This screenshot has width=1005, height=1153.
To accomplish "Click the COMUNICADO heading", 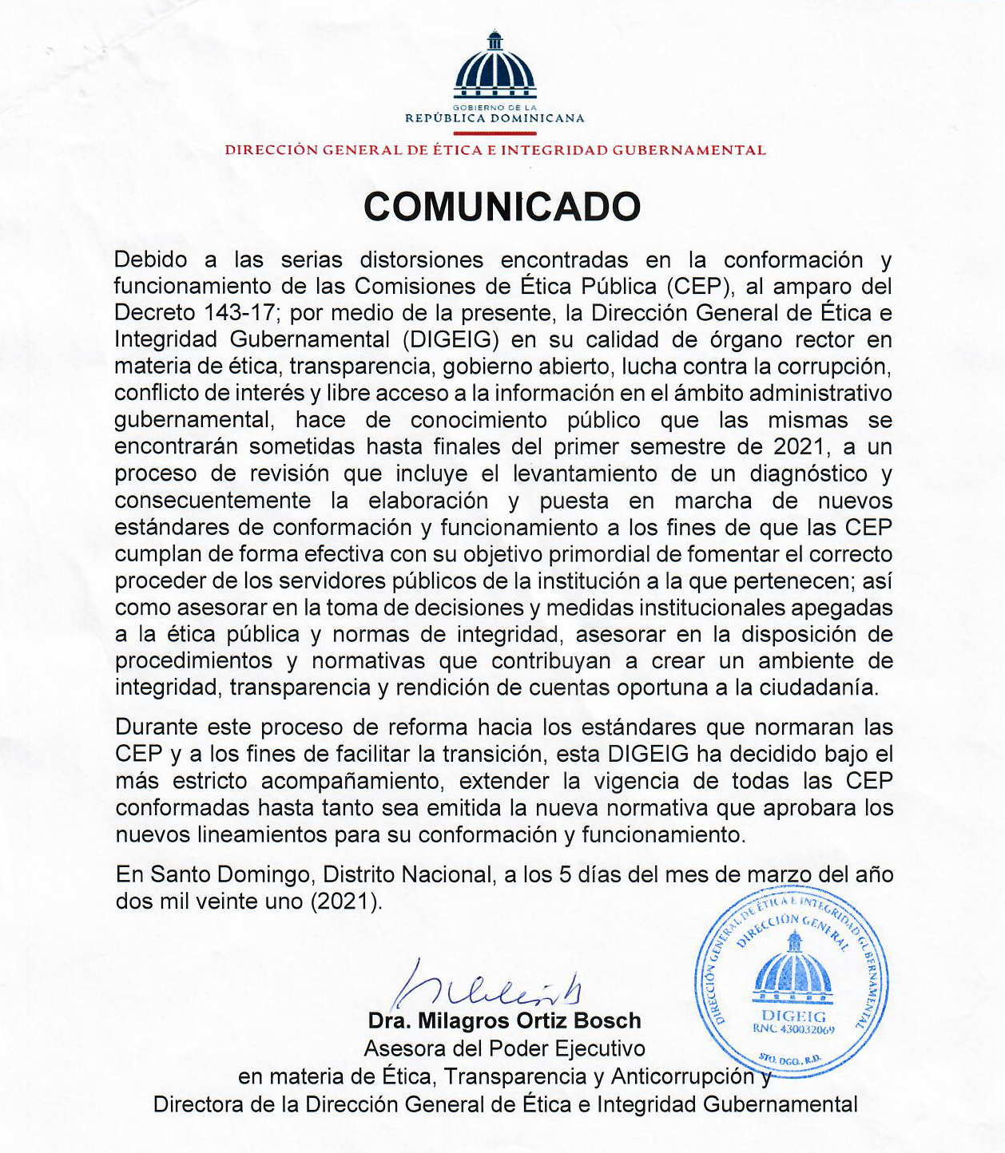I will (x=502, y=207).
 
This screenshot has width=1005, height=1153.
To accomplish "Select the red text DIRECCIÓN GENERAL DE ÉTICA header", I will (x=495, y=150).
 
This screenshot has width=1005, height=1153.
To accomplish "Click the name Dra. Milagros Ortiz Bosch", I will (x=504, y=1021).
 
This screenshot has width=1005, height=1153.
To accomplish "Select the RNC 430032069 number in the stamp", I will (x=792, y=1030).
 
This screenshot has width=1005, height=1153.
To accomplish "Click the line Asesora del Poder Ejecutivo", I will (x=504, y=1049).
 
